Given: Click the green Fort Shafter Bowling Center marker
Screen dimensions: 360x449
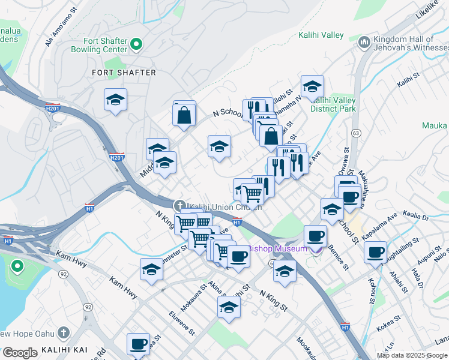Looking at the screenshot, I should click(136, 43).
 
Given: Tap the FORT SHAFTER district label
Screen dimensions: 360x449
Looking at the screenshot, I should click(124, 73).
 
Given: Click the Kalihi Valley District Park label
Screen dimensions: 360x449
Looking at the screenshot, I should click(333, 104).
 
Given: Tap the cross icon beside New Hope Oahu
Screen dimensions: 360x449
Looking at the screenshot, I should click(64, 334).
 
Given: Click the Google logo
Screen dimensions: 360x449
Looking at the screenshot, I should click(19, 353).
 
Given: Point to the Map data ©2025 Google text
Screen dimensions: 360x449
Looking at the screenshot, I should click(412, 355).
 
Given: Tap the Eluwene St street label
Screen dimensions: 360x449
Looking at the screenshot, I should click(182, 322).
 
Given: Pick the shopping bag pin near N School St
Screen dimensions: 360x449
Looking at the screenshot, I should click(184, 114).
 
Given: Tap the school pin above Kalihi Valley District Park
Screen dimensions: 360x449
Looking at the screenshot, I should click(312, 88).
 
